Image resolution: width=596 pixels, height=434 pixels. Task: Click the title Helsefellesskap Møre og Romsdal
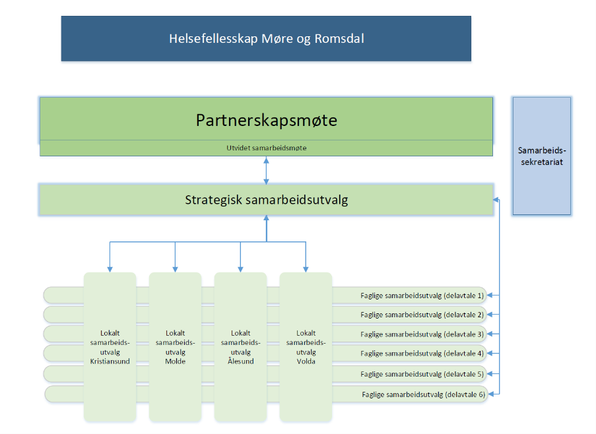267,39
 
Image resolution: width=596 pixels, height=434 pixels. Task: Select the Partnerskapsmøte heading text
267,120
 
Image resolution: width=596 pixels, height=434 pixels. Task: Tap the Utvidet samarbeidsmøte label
267,148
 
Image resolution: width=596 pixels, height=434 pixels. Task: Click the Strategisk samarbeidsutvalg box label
267,200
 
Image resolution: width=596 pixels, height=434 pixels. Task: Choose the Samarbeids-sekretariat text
542,156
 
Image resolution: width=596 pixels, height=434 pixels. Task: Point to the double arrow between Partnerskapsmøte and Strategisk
267,171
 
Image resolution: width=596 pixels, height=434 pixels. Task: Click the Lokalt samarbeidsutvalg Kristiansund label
110,347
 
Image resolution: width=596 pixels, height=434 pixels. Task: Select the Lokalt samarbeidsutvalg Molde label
175,347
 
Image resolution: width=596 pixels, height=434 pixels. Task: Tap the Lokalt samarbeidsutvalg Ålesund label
241,347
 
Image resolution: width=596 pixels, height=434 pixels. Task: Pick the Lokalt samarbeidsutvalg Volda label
306,347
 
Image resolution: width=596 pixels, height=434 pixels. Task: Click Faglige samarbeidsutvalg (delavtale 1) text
422,295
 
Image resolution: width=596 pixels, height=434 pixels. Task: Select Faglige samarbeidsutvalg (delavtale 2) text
422,315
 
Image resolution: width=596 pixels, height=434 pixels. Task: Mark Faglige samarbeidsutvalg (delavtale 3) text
422,334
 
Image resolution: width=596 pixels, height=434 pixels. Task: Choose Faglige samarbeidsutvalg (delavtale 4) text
422,354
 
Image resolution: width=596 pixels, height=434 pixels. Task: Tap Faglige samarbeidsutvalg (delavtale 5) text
422,375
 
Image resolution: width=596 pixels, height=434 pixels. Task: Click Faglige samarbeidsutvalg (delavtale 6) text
424,395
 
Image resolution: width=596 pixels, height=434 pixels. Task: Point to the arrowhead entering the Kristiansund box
110,270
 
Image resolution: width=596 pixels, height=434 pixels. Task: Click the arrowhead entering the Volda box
306,270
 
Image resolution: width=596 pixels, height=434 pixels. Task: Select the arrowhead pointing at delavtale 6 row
490,394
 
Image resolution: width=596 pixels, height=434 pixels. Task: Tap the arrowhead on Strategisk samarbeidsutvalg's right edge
496,200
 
